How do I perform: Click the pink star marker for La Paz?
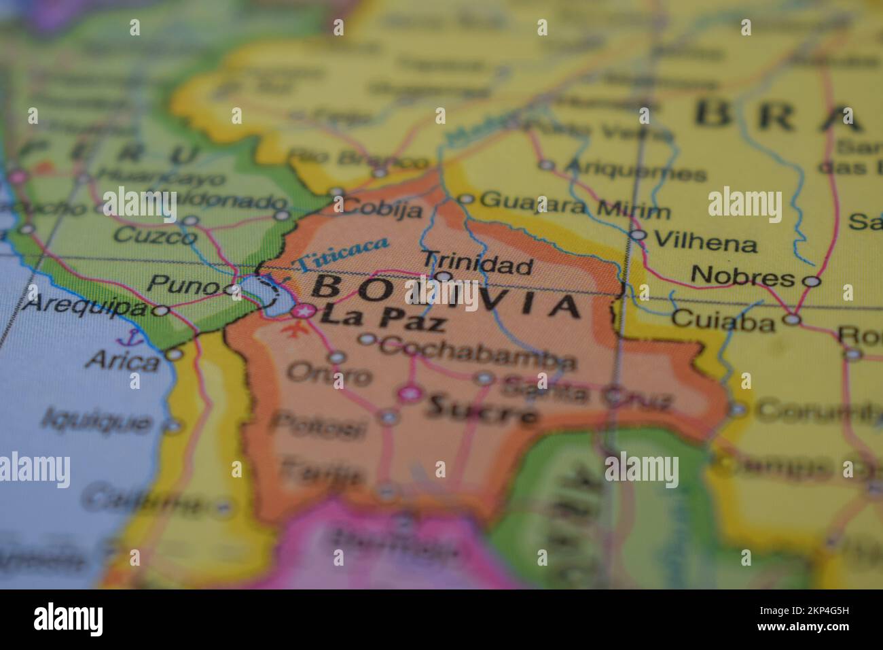[x=304, y=312]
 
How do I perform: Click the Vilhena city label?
[x=704, y=243]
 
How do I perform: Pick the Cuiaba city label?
[x=723, y=321]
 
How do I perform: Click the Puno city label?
[x=183, y=285]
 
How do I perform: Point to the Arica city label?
[x=123, y=360]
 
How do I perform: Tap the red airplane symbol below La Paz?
[x=293, y=330]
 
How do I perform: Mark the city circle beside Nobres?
[x=812, y=280]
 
